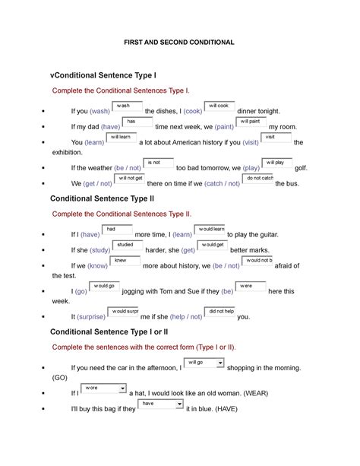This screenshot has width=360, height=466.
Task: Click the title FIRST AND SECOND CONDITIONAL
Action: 180,42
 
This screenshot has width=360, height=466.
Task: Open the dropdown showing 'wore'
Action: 104,388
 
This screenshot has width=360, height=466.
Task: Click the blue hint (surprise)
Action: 91,317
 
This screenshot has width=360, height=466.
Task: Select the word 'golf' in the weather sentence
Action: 302,168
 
